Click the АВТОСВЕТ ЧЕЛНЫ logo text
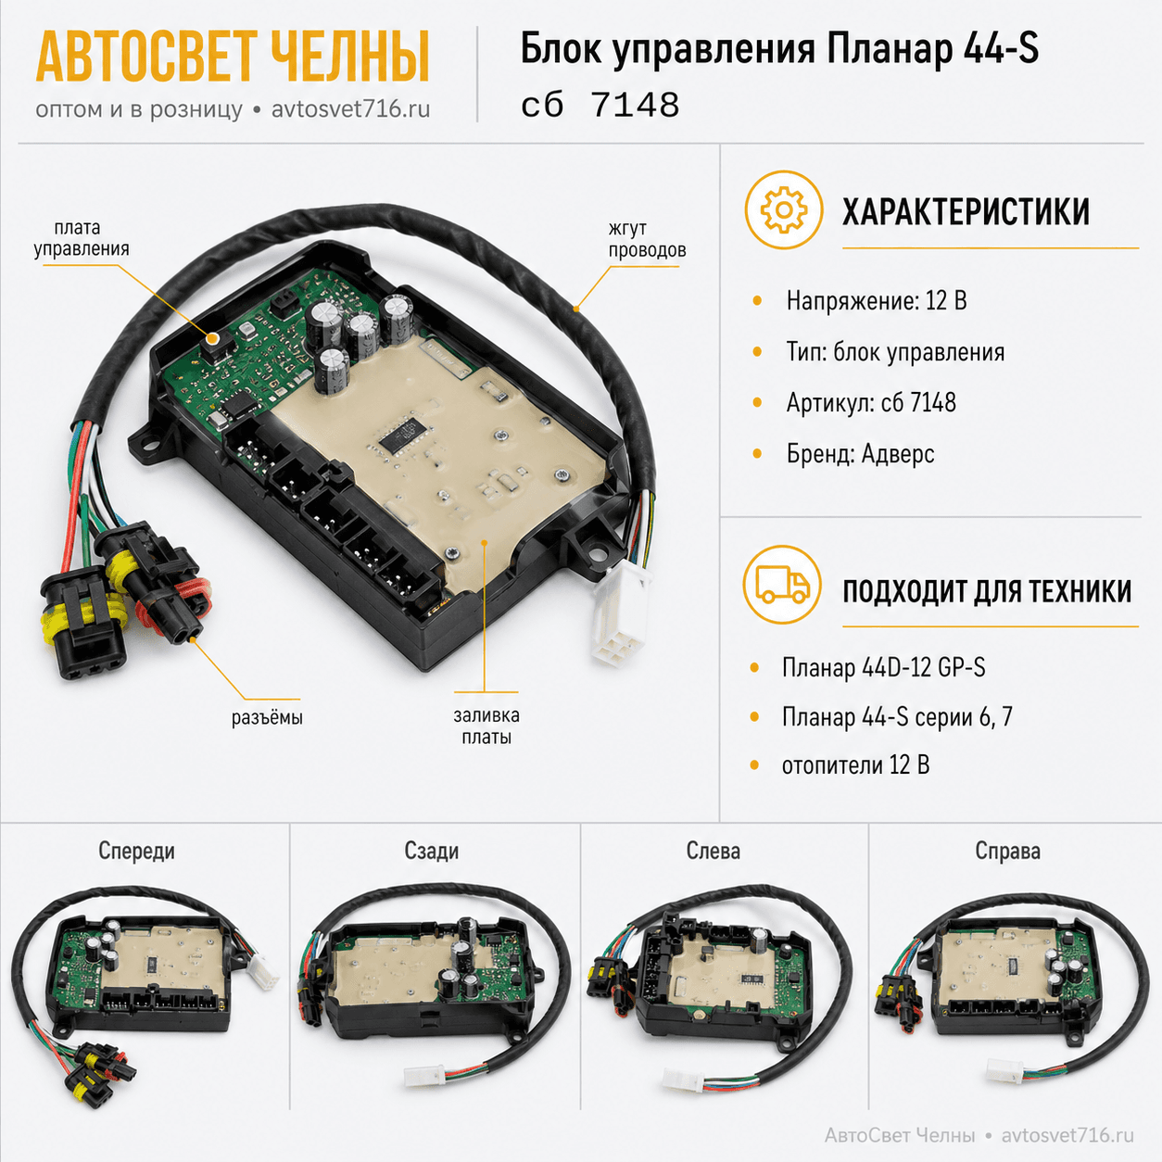(233, 57)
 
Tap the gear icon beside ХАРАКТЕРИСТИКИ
(783, 209)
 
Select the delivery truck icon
(782, 585)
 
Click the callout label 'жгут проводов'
(647, 239)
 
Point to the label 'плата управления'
(82, 237)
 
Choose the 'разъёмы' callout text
(267, 717)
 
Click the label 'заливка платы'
(486, 726)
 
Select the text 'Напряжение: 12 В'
(877, 300)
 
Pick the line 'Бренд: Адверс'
(860, 453)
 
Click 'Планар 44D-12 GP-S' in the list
(883, 667)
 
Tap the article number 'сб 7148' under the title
(600, 106)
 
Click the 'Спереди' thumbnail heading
(137, 851)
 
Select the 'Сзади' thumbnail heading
(431, 851)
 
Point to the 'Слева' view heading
(714, 851)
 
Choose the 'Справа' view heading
(1007, 851)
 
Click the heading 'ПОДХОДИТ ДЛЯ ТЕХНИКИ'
(987, 591)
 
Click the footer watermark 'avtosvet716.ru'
(1067, 1135)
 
